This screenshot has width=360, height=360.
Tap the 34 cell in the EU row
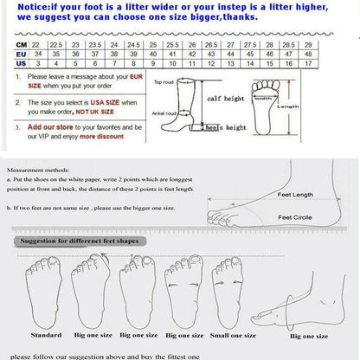click(39, 54)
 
